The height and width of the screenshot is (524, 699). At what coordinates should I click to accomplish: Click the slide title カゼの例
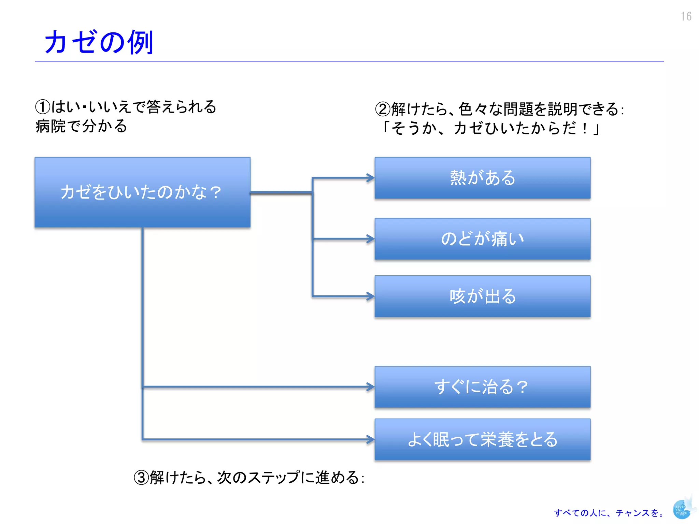pyautogui.click(x=99, y=42)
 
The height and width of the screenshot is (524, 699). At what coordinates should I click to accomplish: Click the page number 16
pyautogui.click(x=686, y=16)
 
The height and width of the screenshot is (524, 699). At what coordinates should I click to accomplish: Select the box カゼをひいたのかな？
pyautogui.click(x=142, y=192)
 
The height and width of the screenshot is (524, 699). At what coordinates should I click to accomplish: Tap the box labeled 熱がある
pyautogui.click(x=482, y=178)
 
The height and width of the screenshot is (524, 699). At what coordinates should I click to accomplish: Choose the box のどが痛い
pyautogui.click(x=482, y=238)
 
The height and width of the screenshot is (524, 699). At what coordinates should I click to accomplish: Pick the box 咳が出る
pyautogui.click(x=482, y=296)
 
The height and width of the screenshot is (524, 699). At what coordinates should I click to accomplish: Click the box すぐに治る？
pyautogui.click(x=482, y=387)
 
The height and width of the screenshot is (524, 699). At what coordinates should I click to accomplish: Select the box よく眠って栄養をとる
pyautogui.click(x=482, y=439)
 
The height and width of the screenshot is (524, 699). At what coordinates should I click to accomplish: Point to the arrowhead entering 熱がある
pyautogui.click(x=371, y=178)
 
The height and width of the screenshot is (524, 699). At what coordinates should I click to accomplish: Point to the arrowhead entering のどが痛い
pyautogui.click(x=371, y=238)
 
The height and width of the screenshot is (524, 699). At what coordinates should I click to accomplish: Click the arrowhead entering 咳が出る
pyautogui.click(x=371, y=296)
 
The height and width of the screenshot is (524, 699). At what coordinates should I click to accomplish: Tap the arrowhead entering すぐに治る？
pyautogui.click(x=371, y=387)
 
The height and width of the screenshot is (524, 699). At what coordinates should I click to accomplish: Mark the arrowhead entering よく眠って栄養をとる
pyautogui.click(x=371, y=439)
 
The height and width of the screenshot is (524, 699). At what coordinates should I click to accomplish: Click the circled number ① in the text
pyautogui.click(x=43, y=107)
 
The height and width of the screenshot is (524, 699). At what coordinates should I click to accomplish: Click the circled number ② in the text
pyautogui.click(x=383, y=109)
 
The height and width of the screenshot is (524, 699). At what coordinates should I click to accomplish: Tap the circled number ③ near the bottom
pyautogui.click(x=141, y=478)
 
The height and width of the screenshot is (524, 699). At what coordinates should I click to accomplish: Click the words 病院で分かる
pyautogui.click(x=81, y=126)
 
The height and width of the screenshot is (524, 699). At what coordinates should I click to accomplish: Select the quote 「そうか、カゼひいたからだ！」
pyautogui.click(x=490, y=129)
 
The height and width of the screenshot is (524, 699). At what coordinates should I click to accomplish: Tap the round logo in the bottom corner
pyautogui.click(x=682, y=509)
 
